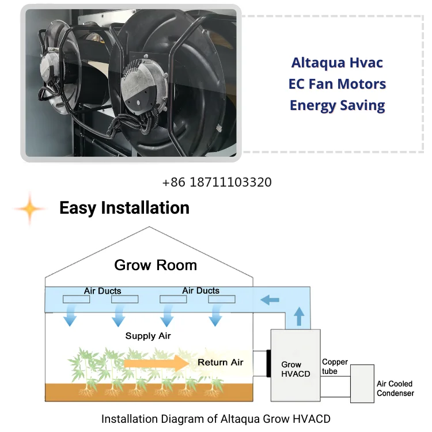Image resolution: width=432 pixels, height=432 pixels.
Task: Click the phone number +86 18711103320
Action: pyautogui.click(x=217, y=183)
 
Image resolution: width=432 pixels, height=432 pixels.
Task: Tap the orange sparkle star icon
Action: pyautogui.click(x=30, y=209)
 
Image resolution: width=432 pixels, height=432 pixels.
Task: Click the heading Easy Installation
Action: pyautogui.click(x=124, y=208)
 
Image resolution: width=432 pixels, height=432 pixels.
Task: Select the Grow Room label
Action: pyautogui.click(x=156, y=265)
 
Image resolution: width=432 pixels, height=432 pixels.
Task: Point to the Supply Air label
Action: pyautogui.click(x=148, y=336)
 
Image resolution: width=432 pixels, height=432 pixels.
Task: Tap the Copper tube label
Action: pyautogui.click(x=335, y=366)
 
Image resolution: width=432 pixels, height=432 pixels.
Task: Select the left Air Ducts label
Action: pyautogui.click(x=103, y=291)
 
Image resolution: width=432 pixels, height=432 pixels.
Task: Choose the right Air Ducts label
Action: pyautogui.click(x=200, y=290)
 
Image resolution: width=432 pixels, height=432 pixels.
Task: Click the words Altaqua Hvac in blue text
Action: pyautogui.click(x=337, y=63)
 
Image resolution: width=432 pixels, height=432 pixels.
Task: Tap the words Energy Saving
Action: pyautogui.click(x=337, y=105)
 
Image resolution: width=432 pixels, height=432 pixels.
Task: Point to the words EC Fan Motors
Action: pyautogui.click(x=337, y=84)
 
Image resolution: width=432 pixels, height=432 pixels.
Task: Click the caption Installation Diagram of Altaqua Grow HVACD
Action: pyautogui.click(x=216, y=419)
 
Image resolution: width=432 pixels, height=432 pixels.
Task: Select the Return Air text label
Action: pyautogui.click(x=221, y=362)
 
